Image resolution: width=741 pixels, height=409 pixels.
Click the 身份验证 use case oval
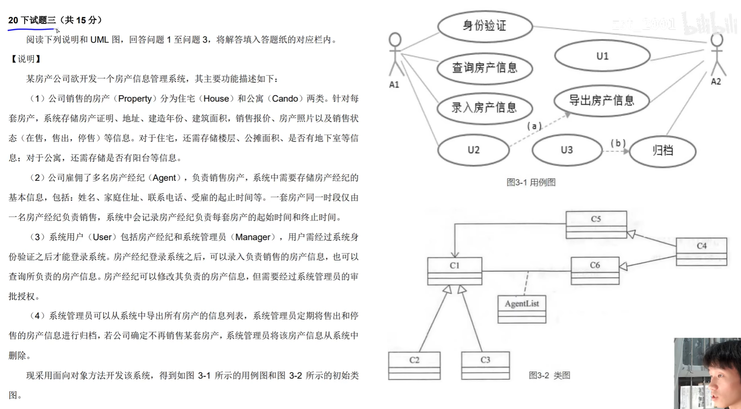click(485, 26)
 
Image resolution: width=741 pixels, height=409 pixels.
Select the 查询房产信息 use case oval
click(485, 68)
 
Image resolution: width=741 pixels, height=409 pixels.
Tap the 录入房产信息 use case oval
click(485, 108)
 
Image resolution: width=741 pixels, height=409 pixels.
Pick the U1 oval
click(602, 56)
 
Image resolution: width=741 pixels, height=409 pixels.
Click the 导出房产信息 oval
click(601, 101)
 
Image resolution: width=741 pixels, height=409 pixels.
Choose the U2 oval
click(473, 150)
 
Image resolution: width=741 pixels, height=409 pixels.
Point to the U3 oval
click(567, 150)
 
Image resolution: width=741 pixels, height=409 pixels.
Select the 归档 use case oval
click(662, 151)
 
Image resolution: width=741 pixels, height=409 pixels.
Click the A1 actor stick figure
click(395, 55)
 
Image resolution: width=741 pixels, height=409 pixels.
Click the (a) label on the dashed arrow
click(534, 126)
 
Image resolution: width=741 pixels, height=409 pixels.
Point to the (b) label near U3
click(618, 143)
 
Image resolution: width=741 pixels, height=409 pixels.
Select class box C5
click(596, 224)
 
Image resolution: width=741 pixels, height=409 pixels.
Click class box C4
click(701, 251)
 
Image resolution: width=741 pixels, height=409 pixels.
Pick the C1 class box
click(454, 271)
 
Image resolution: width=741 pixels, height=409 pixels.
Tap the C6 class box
click(595, 270)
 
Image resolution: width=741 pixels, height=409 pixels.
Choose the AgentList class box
click(521, 309)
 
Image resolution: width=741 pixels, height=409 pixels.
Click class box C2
click(414, 365)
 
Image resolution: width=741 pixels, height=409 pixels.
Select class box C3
click(485, 365)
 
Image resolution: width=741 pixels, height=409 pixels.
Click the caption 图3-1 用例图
click(531, 182)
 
